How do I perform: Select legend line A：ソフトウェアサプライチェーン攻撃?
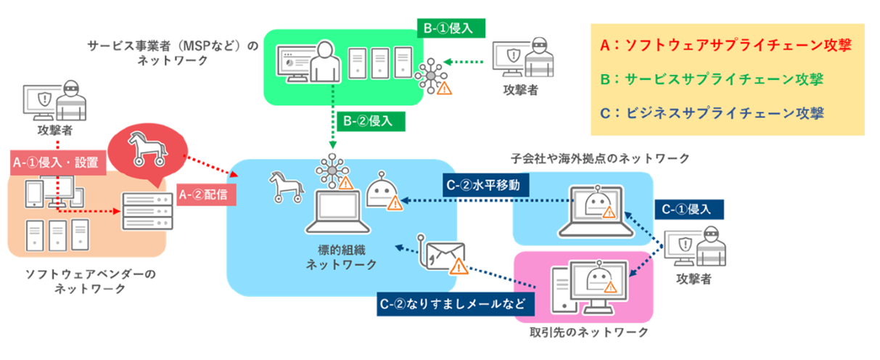pyautogui.click(x=725, y=45)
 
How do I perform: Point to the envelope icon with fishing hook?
pyautogui.click(x=443, y=256)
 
